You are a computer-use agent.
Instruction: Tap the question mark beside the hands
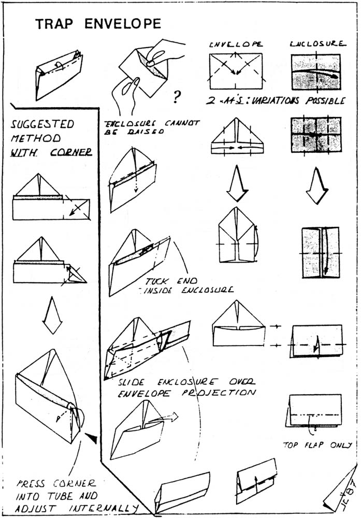point(177,95)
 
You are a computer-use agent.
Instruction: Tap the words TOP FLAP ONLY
point(317,444)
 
